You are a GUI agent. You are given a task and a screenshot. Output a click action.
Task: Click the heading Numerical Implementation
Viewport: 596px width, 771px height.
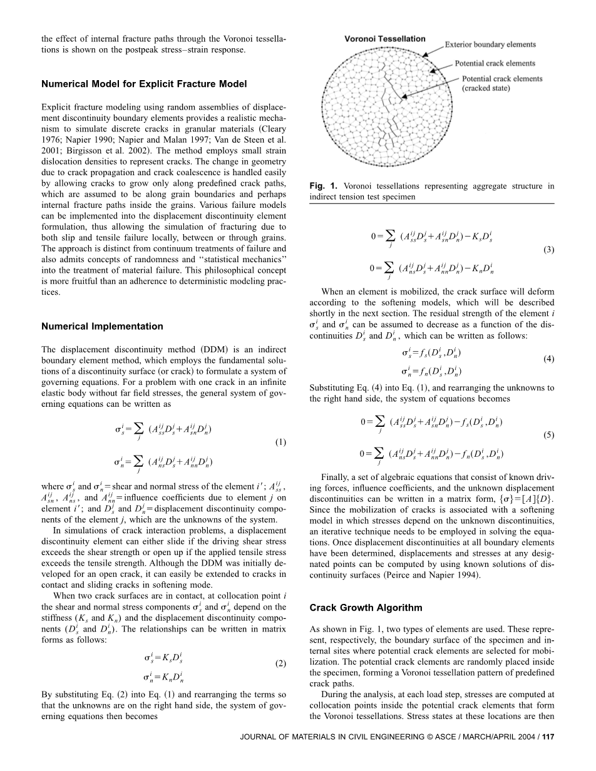(102, 326)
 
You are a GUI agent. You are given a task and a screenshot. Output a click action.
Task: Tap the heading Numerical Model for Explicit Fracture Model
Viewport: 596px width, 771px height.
(144, 84)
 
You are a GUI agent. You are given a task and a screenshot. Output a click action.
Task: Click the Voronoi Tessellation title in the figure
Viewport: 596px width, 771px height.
(385, 39)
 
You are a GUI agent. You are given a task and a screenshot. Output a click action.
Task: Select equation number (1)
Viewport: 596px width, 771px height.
(280, 442)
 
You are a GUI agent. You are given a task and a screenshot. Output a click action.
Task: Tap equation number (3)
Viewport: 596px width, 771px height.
(548, 250)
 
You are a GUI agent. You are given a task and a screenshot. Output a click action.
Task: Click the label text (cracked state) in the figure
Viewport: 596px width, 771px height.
(486, 88)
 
